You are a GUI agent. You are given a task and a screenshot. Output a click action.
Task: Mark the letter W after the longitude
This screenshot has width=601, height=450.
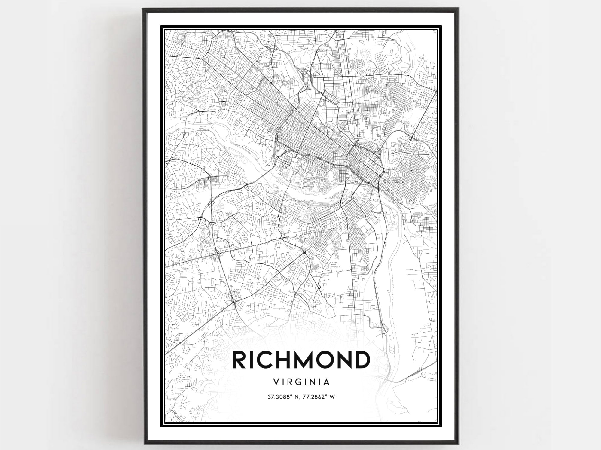(x=332, y=397)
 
